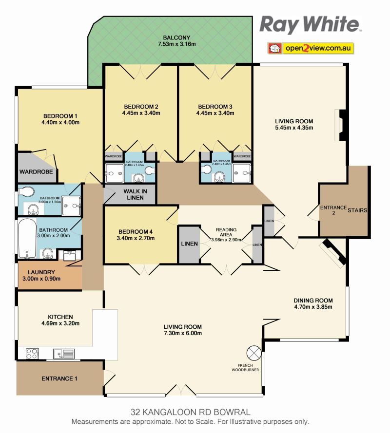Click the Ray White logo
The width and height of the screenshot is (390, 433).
tap(310, 24)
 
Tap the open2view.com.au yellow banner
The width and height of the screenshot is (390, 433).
tap(311, 48)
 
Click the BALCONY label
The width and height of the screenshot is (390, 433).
tap(176, 38)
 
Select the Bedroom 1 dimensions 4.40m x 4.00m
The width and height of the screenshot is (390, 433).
tap(60, 122)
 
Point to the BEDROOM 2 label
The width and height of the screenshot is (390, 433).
tap(141, 107)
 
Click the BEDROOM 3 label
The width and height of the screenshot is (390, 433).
tap(215, 107)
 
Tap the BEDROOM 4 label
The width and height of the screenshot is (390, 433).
tap(136, 232)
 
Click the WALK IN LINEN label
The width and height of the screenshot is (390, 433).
tap(135, 194)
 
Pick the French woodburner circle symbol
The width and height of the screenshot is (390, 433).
tap(253, 353)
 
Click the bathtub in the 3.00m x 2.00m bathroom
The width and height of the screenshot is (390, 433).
tap(27, 238)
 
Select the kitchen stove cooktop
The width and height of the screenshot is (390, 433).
tap(32, 354)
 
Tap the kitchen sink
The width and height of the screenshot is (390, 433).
tap(64, 354)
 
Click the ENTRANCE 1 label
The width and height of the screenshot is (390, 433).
tap(59, 378)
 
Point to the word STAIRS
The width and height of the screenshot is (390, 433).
tap(357, 210)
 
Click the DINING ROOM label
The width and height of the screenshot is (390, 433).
tap(313, 301)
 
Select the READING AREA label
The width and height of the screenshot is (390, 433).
tap(226, 232)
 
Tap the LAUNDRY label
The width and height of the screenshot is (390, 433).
tap(41, 272)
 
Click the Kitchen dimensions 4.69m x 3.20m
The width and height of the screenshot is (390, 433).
tap(60, 323)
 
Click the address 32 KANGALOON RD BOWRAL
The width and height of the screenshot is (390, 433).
tap(191, 412)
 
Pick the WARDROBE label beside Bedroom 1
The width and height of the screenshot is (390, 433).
tap(36, 172)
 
